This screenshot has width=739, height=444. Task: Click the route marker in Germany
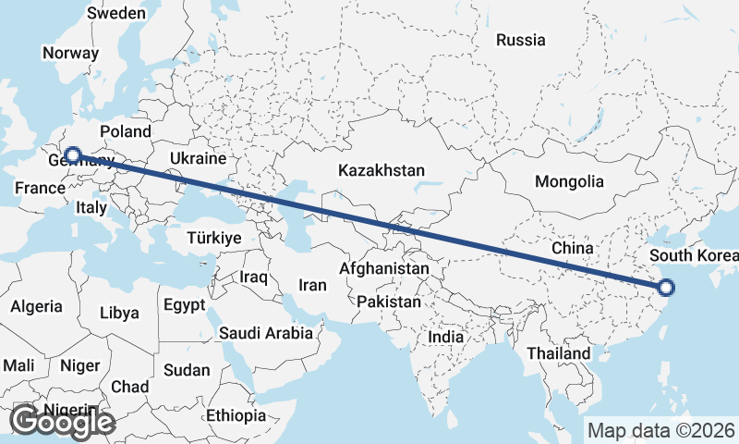(x=72, y=155)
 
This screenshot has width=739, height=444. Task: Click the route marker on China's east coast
(x=667, y=287)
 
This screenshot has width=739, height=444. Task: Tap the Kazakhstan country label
(x=382, y=171)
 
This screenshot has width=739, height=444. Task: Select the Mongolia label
(x=569, y=181)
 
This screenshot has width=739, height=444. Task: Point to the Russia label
(x=520, y=40)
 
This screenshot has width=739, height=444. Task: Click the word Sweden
(x=115, y=13)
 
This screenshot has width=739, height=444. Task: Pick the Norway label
(x=70, y=53)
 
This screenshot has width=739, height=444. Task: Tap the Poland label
(x=126, y=131)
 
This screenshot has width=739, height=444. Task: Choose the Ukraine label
(x=192, y=159)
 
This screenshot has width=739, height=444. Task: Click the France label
(x=39, y=189)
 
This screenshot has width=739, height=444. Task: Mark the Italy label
(x=91, y=207)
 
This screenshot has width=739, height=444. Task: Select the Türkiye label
(x=213, y=238)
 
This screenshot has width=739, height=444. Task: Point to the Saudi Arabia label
(x=266, y=331)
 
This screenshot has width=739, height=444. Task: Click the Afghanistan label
(x=384, y=268)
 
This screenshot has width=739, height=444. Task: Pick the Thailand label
(x=558, y=353)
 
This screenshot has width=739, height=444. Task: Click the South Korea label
(x=693, y=255)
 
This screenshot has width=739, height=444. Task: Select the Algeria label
(x=37, y=306)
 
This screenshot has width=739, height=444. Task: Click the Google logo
(x=61, y=422)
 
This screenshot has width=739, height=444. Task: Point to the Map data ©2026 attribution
(x=661, y=430)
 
